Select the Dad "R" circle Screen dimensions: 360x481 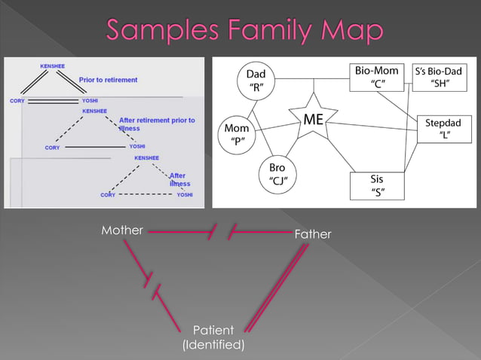pos(256,81)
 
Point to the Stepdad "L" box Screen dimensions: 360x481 pos(443,128)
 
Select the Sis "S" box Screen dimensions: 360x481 pos(377,185)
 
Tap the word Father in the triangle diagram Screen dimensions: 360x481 pos(312,234)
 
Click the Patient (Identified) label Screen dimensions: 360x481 pos(213,337)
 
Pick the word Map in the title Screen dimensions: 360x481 pos(354,31)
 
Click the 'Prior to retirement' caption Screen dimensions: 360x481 pos(108,79)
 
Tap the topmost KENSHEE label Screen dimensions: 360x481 pos(52,66)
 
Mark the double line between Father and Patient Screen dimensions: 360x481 pos(277,286)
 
